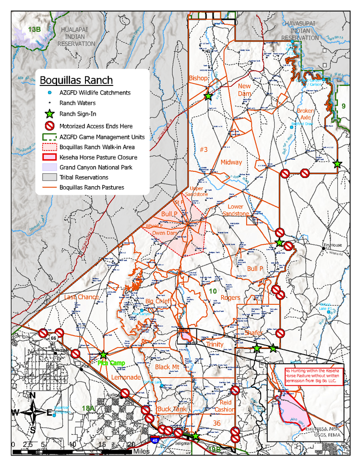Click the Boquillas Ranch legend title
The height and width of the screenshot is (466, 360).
click(x=76, y=80)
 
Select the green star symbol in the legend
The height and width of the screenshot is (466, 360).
click(x=49, y=115)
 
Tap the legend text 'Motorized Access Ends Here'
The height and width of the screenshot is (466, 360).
click(x=96, y=126)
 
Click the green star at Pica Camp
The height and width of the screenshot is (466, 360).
click(x=103, y=355)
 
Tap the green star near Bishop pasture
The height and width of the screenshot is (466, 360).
click(x=208, y=96)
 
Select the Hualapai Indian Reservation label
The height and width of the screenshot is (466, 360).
click(x=76, y=36)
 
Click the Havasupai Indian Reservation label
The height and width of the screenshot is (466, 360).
click(x=300, y=30)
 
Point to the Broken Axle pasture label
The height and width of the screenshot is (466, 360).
click(x=306, y=114)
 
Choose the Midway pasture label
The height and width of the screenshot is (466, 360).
click(x=231, y=162)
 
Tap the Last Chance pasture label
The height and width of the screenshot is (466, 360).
click(x=81, y=297)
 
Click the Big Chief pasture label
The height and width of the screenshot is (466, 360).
click(x=158, y=301)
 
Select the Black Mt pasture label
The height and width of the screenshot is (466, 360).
click(x=167, y=367)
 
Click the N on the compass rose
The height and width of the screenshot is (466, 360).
click(x=33, y=395)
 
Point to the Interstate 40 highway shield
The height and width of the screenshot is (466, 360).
click(x=155, y=439)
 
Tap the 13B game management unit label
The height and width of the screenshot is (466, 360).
click(x=34, y=30)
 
